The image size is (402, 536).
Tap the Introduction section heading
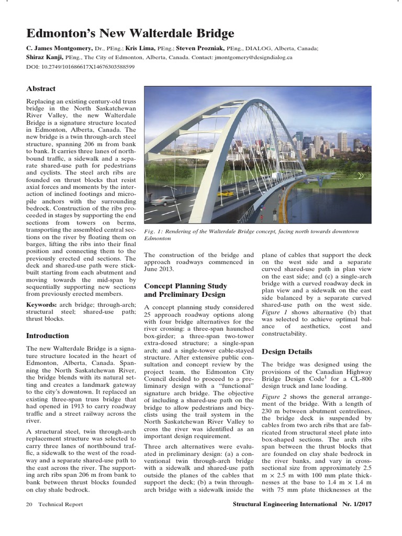coord(48,336)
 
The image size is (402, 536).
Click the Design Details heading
coord(287,351)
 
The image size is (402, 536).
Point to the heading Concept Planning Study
coord(185,286)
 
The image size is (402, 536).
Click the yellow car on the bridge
coord(226,193)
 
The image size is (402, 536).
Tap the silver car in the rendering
coord(165,200)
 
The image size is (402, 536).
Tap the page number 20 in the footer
coord(29,505)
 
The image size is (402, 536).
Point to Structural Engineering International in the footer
coord(284,505)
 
